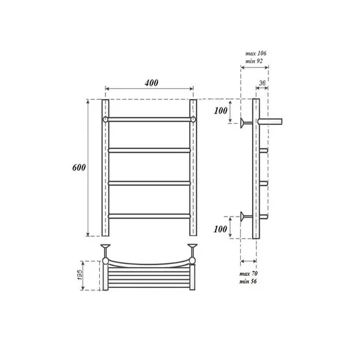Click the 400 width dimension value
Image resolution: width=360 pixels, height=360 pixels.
[x=150, y=83]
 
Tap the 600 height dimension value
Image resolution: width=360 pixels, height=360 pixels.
[x=78, y=167]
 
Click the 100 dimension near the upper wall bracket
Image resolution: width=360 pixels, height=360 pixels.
[x=220, y=111]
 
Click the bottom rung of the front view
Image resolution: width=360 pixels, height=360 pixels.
[x=150, y=216]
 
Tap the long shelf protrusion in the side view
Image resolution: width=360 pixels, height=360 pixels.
[x=273, y=119]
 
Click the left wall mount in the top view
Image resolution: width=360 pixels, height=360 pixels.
[x=106, y=248]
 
